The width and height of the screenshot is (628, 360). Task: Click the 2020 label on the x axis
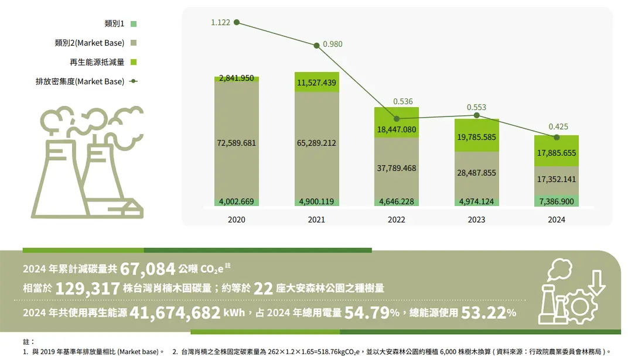coord(237,220)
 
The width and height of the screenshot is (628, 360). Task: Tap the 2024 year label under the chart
coord(556,220)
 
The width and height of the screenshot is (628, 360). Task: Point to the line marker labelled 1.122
coord(237,22)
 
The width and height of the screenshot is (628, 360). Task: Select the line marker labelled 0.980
coord(316,44)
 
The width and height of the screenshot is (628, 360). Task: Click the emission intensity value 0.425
coord(558,126)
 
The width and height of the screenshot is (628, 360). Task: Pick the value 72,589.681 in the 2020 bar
coord(237,143)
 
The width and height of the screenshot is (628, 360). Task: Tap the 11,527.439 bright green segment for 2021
coord(316,83)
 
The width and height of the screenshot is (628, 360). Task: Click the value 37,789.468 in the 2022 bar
coord(396,168)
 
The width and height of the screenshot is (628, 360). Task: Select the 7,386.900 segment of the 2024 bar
coord(556,201)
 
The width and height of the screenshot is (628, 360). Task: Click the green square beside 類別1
coord(134,24)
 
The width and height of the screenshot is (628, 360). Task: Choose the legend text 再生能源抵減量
coord(97,62)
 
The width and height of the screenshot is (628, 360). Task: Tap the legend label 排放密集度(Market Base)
coord(80,81)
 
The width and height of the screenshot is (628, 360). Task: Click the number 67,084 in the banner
coord(148,269)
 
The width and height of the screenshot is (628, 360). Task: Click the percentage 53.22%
coord(489,313)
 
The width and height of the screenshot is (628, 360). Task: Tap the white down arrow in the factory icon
coord(597,280)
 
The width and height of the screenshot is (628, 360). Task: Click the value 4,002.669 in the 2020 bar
coord(237,202)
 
